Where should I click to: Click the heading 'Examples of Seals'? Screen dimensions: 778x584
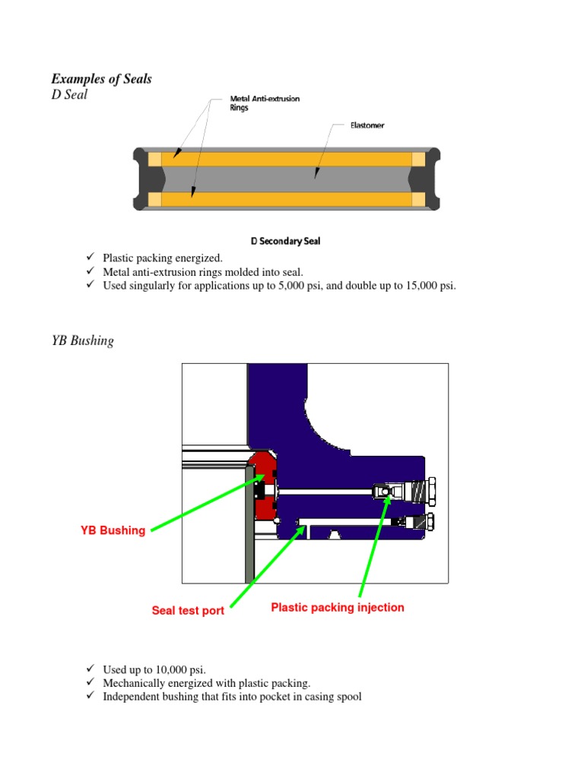(x=101, y=79)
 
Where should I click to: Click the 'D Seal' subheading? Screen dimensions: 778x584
(x=69, y=95)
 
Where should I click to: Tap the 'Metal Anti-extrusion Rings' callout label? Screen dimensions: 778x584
(x=264, y=103)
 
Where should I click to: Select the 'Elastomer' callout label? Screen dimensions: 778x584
(x=367, y=125)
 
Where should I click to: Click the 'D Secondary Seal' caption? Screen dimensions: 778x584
(x=285, y=241)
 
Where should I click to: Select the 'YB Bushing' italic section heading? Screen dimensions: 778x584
(x=82, y=340)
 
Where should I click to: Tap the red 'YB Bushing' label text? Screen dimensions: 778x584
(x=113, y=530)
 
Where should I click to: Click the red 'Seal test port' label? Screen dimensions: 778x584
(x=188, y=611)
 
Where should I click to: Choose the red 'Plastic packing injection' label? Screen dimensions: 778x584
(x=338, y=607)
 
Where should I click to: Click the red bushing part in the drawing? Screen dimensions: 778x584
(x=262, y=486)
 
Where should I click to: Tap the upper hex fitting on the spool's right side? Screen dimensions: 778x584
(x=430, y=492)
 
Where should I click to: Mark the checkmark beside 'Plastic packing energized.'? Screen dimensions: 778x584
(x=89, y=258)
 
